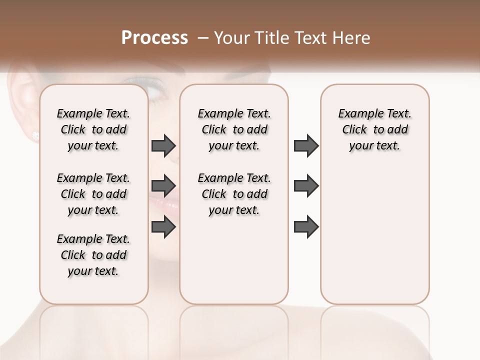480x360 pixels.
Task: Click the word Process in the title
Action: pyautogui.click(x=154, y=38)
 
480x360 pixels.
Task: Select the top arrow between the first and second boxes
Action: pyautogui.click(x=163, y=145)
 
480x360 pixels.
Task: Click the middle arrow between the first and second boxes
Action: pyautogui.click(x=163, y=186)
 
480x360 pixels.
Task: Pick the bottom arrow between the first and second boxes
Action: pyautogui.click(x=163, y=227)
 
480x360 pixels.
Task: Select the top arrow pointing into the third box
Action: pyautogui.click(x=306, y=145)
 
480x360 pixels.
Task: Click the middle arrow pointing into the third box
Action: pyautogui.click(x=306, y=186)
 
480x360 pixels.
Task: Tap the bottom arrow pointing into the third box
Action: pyautogui.click(x=306, y=227)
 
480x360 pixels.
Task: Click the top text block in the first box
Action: pyautogui.click(x=93, y=129)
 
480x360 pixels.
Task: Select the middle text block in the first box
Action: pyautogui.click(x=93, y=194)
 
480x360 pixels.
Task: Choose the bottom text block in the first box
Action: pyautogui.click(x=93, y=255)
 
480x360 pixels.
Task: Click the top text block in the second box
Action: pyautogui.click(x=234, y=129)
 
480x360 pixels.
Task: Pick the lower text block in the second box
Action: pyautogui.click(x=234, y=194)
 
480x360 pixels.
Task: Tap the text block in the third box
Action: pyautogui.click(x=374, y=129)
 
